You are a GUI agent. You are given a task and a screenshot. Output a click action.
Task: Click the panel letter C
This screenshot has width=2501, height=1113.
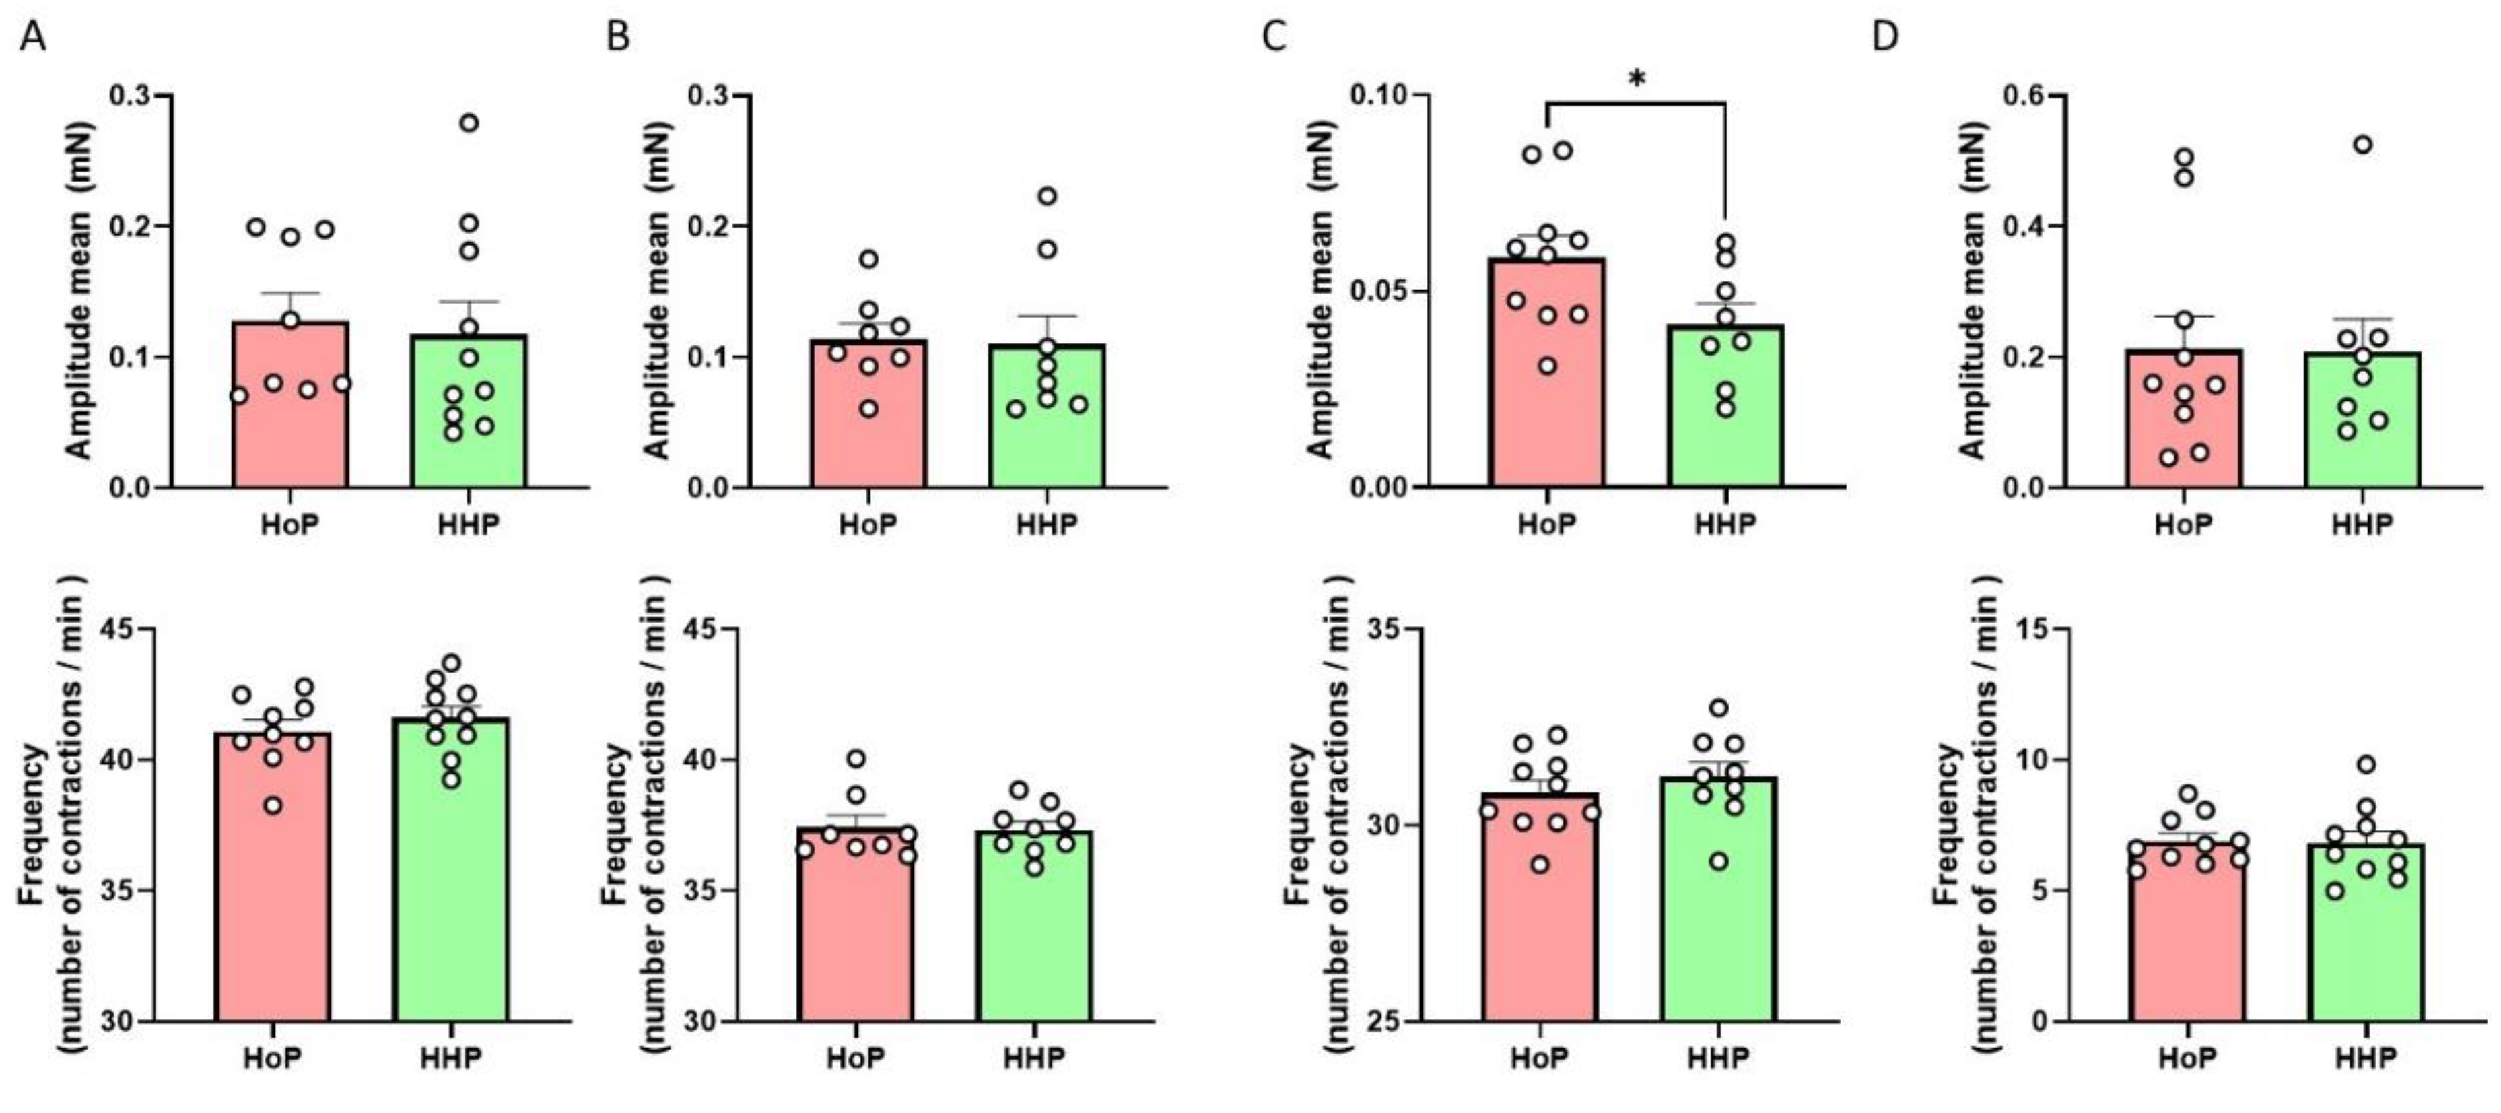(1273, 37)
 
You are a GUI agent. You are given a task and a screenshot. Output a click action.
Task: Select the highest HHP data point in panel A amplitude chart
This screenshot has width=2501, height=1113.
(469, 123)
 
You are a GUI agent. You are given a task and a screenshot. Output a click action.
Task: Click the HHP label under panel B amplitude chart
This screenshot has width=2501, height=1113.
(1048, 525)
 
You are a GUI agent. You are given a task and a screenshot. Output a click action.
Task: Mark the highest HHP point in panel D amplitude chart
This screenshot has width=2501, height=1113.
(2362, 145)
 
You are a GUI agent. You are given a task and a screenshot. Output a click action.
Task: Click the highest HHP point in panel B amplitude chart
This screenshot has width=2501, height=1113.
(1048, 196)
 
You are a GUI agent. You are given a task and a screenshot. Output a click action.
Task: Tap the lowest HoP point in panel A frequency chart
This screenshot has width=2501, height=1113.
(274, 805)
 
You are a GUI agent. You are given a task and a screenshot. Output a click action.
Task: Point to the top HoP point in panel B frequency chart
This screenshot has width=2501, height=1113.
(856, 759)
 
